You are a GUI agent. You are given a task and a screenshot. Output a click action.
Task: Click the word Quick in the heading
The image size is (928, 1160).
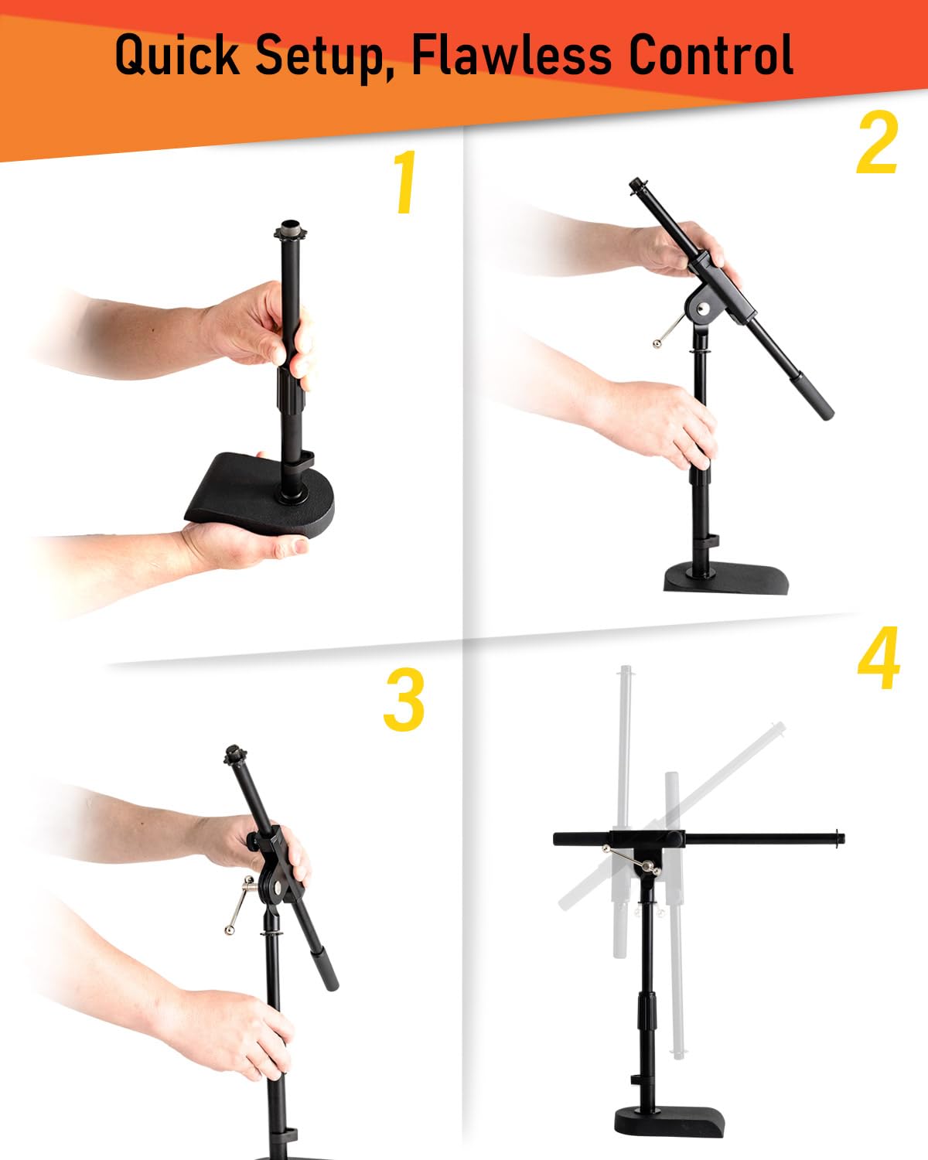point(177,55)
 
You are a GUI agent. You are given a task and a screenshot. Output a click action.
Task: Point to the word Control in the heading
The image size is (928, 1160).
point(711,54)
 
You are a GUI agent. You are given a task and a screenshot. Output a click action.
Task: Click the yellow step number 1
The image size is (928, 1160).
point(405,182)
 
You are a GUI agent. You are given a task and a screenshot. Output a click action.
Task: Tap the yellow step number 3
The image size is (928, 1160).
point(404,699)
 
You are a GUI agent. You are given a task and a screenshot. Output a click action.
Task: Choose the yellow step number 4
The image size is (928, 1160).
point(879,657)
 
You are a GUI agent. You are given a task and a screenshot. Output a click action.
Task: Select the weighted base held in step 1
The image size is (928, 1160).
point(259,494)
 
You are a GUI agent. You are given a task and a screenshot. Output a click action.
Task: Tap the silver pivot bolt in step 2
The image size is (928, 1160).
point(703,309)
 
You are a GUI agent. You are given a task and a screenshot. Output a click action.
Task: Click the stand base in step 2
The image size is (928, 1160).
point(726,578)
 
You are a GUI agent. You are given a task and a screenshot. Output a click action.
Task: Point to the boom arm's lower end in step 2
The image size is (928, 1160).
point(826,414)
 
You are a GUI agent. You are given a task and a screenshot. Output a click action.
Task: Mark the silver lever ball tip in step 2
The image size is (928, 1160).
point(657,344)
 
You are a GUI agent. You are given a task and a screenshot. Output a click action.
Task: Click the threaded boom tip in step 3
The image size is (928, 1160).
point(235,753)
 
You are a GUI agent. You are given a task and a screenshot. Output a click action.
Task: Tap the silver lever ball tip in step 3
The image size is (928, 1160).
point(230,930)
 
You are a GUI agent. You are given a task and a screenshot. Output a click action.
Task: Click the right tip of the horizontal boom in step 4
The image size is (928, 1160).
point(842,838)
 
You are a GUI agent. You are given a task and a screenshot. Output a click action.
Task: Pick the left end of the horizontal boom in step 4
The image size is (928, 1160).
point(557,839)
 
